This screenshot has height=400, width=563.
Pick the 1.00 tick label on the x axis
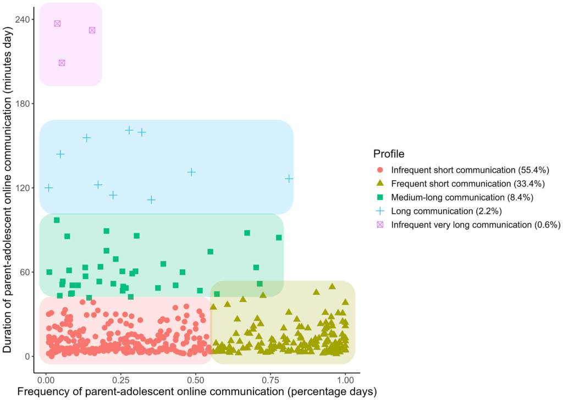(345, 380)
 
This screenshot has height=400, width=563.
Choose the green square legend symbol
(380, 197)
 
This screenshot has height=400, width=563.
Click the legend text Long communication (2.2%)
(446, 210)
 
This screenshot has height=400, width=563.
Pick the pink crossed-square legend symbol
(380, 224)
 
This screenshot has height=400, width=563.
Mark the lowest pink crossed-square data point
(62, 63)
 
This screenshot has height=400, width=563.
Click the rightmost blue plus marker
(289, 179)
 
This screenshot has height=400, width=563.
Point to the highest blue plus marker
(129, 130)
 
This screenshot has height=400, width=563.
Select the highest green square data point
(57, 220)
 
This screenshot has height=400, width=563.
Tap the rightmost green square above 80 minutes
(279, 237)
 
